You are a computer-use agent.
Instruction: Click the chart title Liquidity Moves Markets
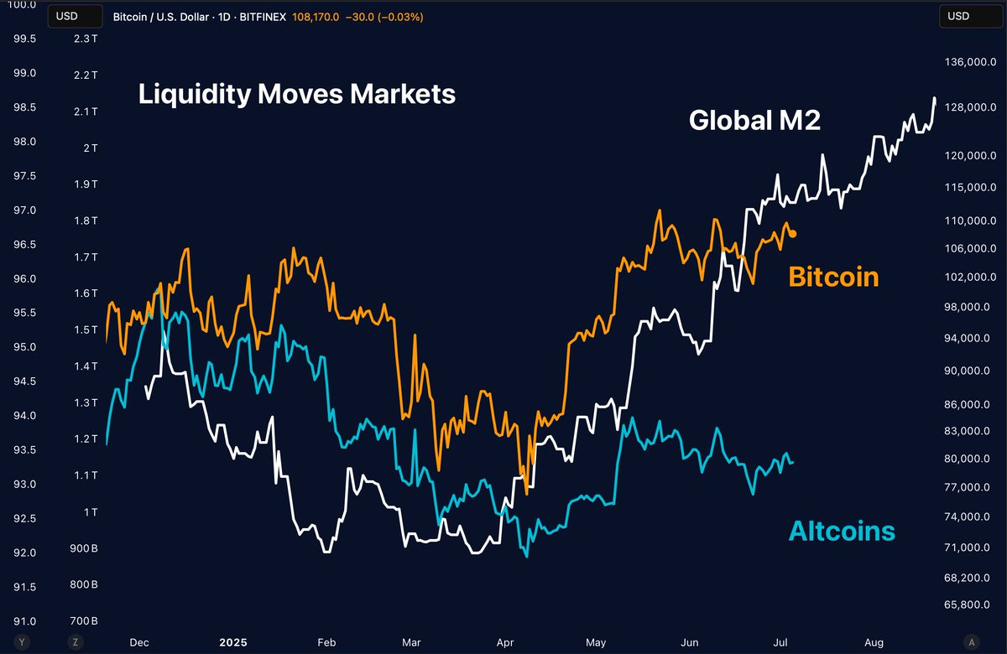pos(297,94)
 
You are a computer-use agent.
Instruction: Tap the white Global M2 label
pos(754,121)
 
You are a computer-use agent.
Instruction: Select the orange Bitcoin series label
pos(833,277)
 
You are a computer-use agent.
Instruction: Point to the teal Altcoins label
pos(842,531)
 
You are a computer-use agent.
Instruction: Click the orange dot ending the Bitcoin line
pos(793,234)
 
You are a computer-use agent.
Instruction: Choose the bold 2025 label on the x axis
pos(234,643)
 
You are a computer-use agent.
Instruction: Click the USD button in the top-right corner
pos(957,16)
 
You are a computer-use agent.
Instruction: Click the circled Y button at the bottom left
pos(22,642)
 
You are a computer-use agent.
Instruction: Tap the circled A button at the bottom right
pos(971,642)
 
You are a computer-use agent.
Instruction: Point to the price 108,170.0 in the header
pos(316,16)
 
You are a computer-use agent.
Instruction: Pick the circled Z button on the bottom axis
pos(75,642)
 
